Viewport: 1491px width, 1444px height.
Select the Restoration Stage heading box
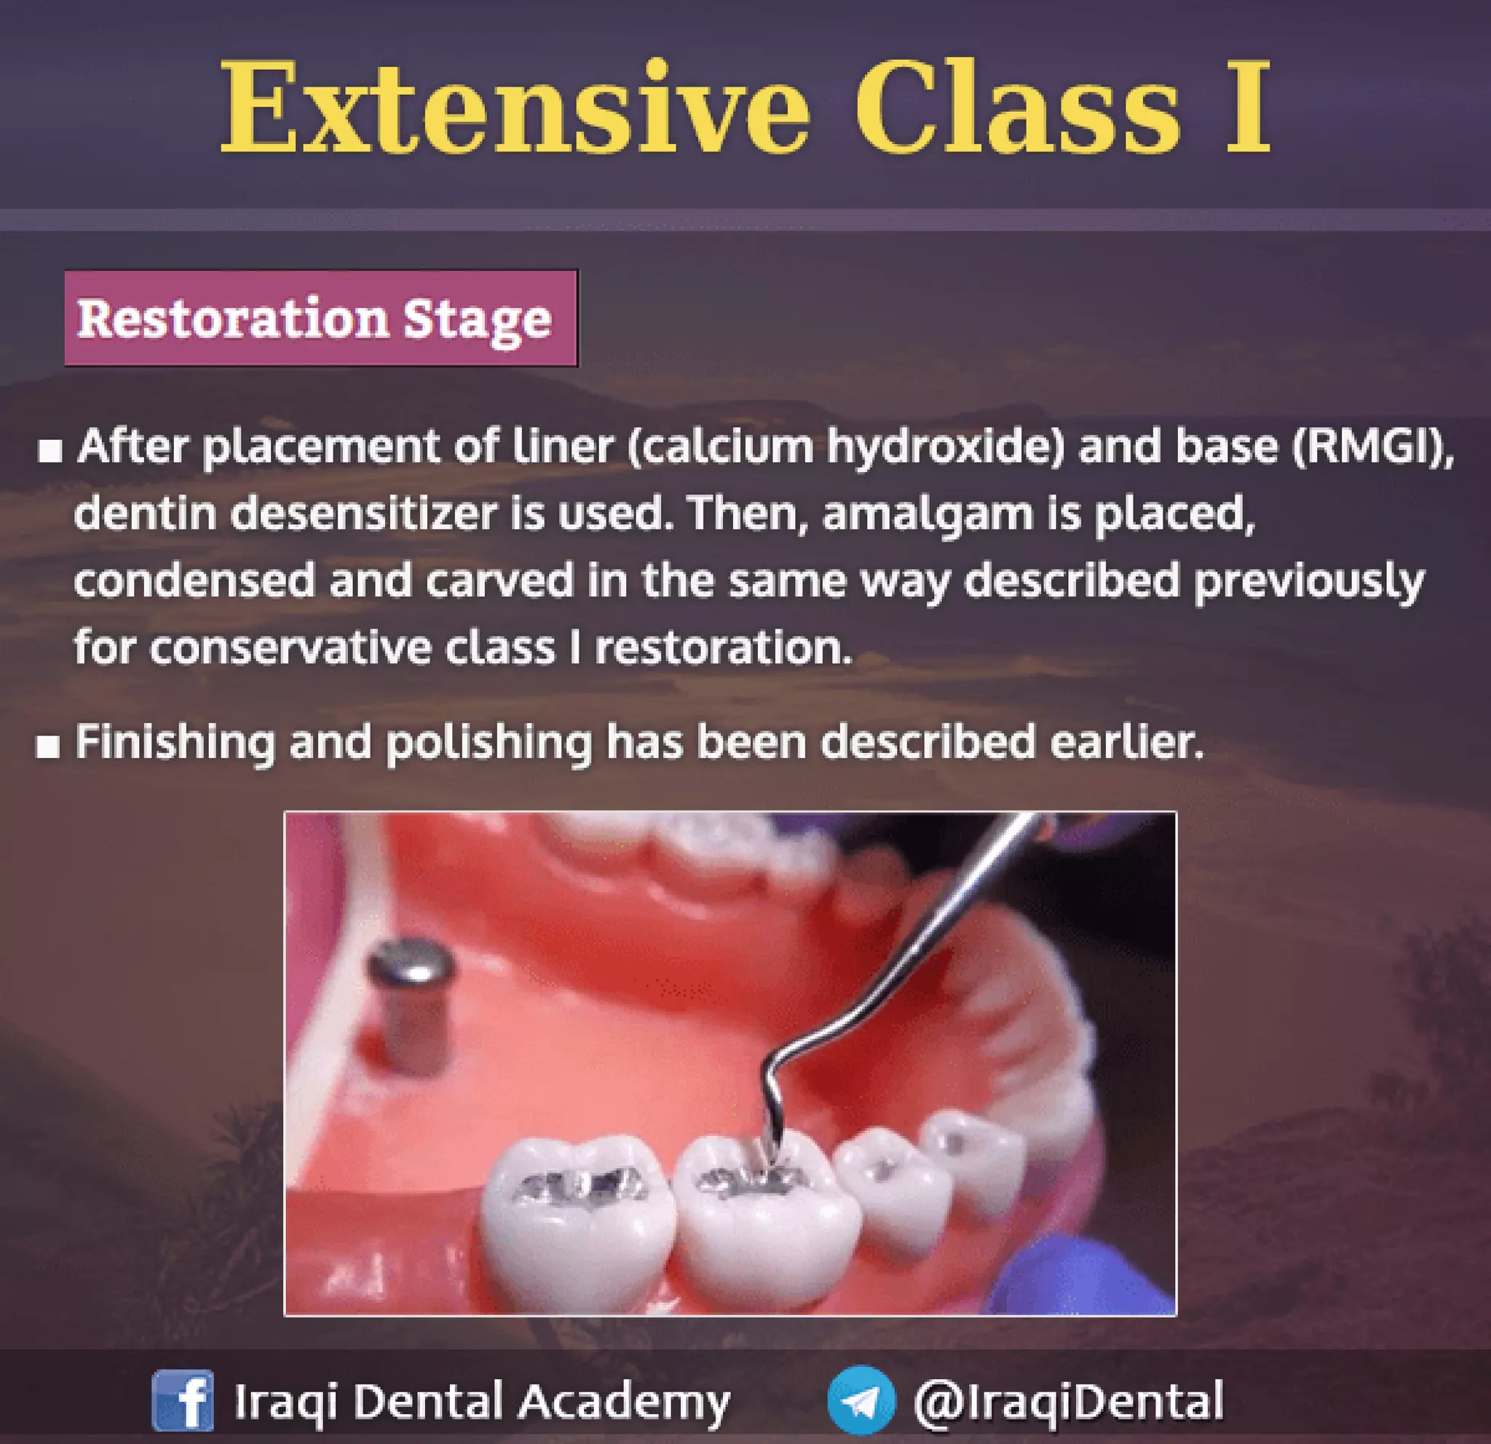[x=320, y=318]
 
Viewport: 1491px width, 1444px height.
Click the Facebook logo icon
[x=183, y=1400]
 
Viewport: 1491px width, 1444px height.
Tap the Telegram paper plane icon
[x=861, y=1400]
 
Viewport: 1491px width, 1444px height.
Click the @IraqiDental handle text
[x=1068, y=1400]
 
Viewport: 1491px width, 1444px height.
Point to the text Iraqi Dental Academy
[x=481, y=1400]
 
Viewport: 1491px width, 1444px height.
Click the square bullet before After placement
[x=50, y=451]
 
